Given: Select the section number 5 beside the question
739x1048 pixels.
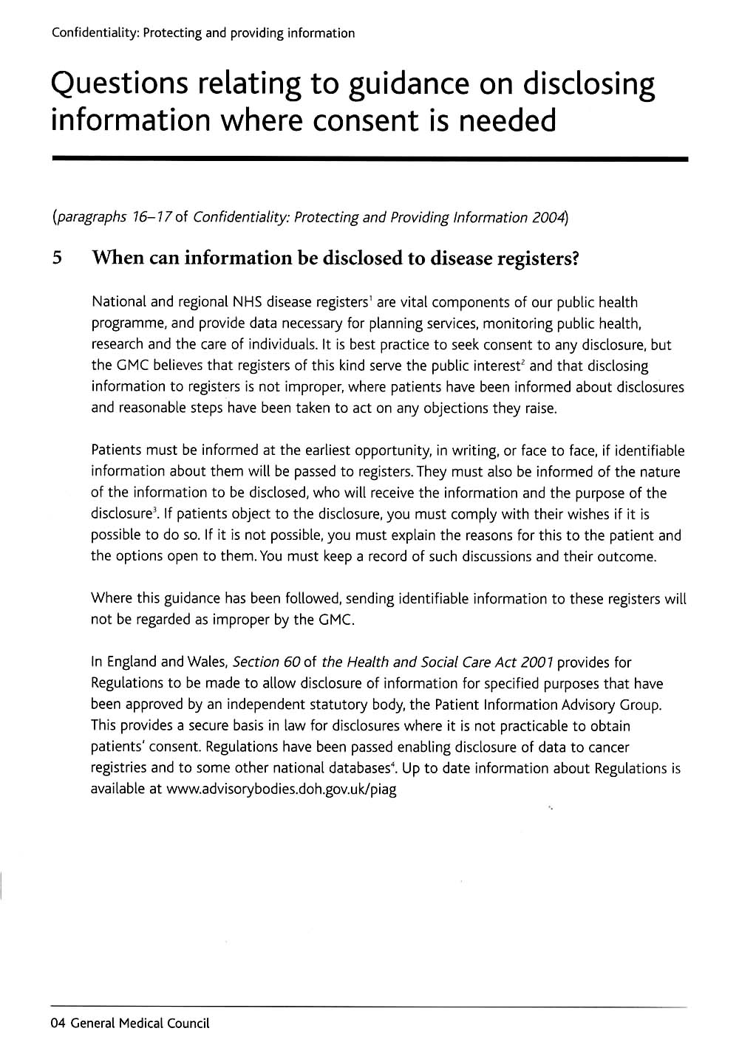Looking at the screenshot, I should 57,258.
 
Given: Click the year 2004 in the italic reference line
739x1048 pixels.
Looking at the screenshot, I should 548,217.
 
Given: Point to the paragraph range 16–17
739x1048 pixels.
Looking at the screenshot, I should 150,217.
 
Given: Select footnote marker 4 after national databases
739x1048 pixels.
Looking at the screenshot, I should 392,764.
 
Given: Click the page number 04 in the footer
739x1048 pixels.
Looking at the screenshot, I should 58,1023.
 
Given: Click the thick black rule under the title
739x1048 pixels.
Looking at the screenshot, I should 369,159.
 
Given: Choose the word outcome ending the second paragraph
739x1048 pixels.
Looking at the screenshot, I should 630,556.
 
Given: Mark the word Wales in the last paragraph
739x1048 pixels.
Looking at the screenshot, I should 205,662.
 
